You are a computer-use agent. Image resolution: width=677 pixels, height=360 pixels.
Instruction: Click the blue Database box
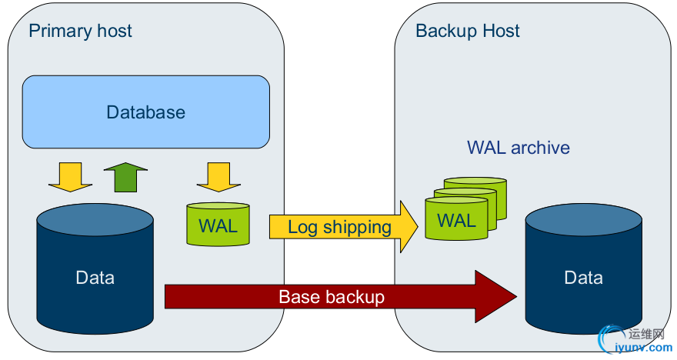point(145,112)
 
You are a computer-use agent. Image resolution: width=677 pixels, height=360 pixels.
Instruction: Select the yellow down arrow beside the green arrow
point(70,177)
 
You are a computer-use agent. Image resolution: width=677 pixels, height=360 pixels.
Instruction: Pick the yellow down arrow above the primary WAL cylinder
point(218,177)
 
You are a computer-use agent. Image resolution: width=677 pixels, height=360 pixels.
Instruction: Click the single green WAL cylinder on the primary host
point(218,225)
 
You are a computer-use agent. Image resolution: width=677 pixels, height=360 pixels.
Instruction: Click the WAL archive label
point(519,148)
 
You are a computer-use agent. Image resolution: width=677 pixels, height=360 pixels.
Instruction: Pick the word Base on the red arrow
point(296,296)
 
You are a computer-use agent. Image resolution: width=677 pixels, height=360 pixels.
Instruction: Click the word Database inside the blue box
point(145,112)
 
